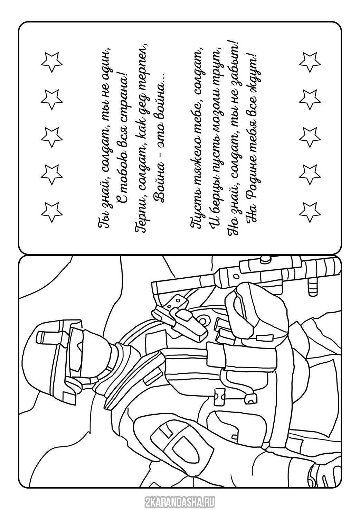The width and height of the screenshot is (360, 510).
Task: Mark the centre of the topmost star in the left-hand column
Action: coord(52,61)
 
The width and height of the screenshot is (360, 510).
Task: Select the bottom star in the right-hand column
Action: coord(310,212)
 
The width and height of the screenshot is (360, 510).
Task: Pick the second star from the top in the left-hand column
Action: coord(52,99)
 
